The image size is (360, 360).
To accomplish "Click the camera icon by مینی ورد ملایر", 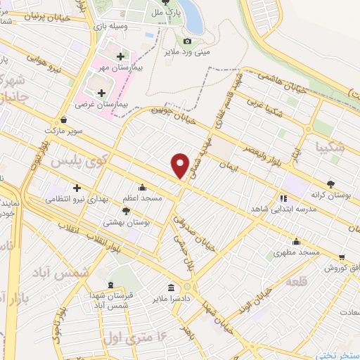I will click(x=187, y=41).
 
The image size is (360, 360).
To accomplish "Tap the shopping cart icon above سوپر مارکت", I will click(x=65, y=120).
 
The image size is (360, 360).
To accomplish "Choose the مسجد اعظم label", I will click(x=143, y=198).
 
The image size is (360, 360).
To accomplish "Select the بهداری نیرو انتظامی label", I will click(x=75, y=199).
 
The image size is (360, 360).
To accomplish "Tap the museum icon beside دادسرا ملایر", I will click(x=172, y=287).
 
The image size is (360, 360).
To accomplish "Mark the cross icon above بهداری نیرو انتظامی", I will click(x=77, y=187).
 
